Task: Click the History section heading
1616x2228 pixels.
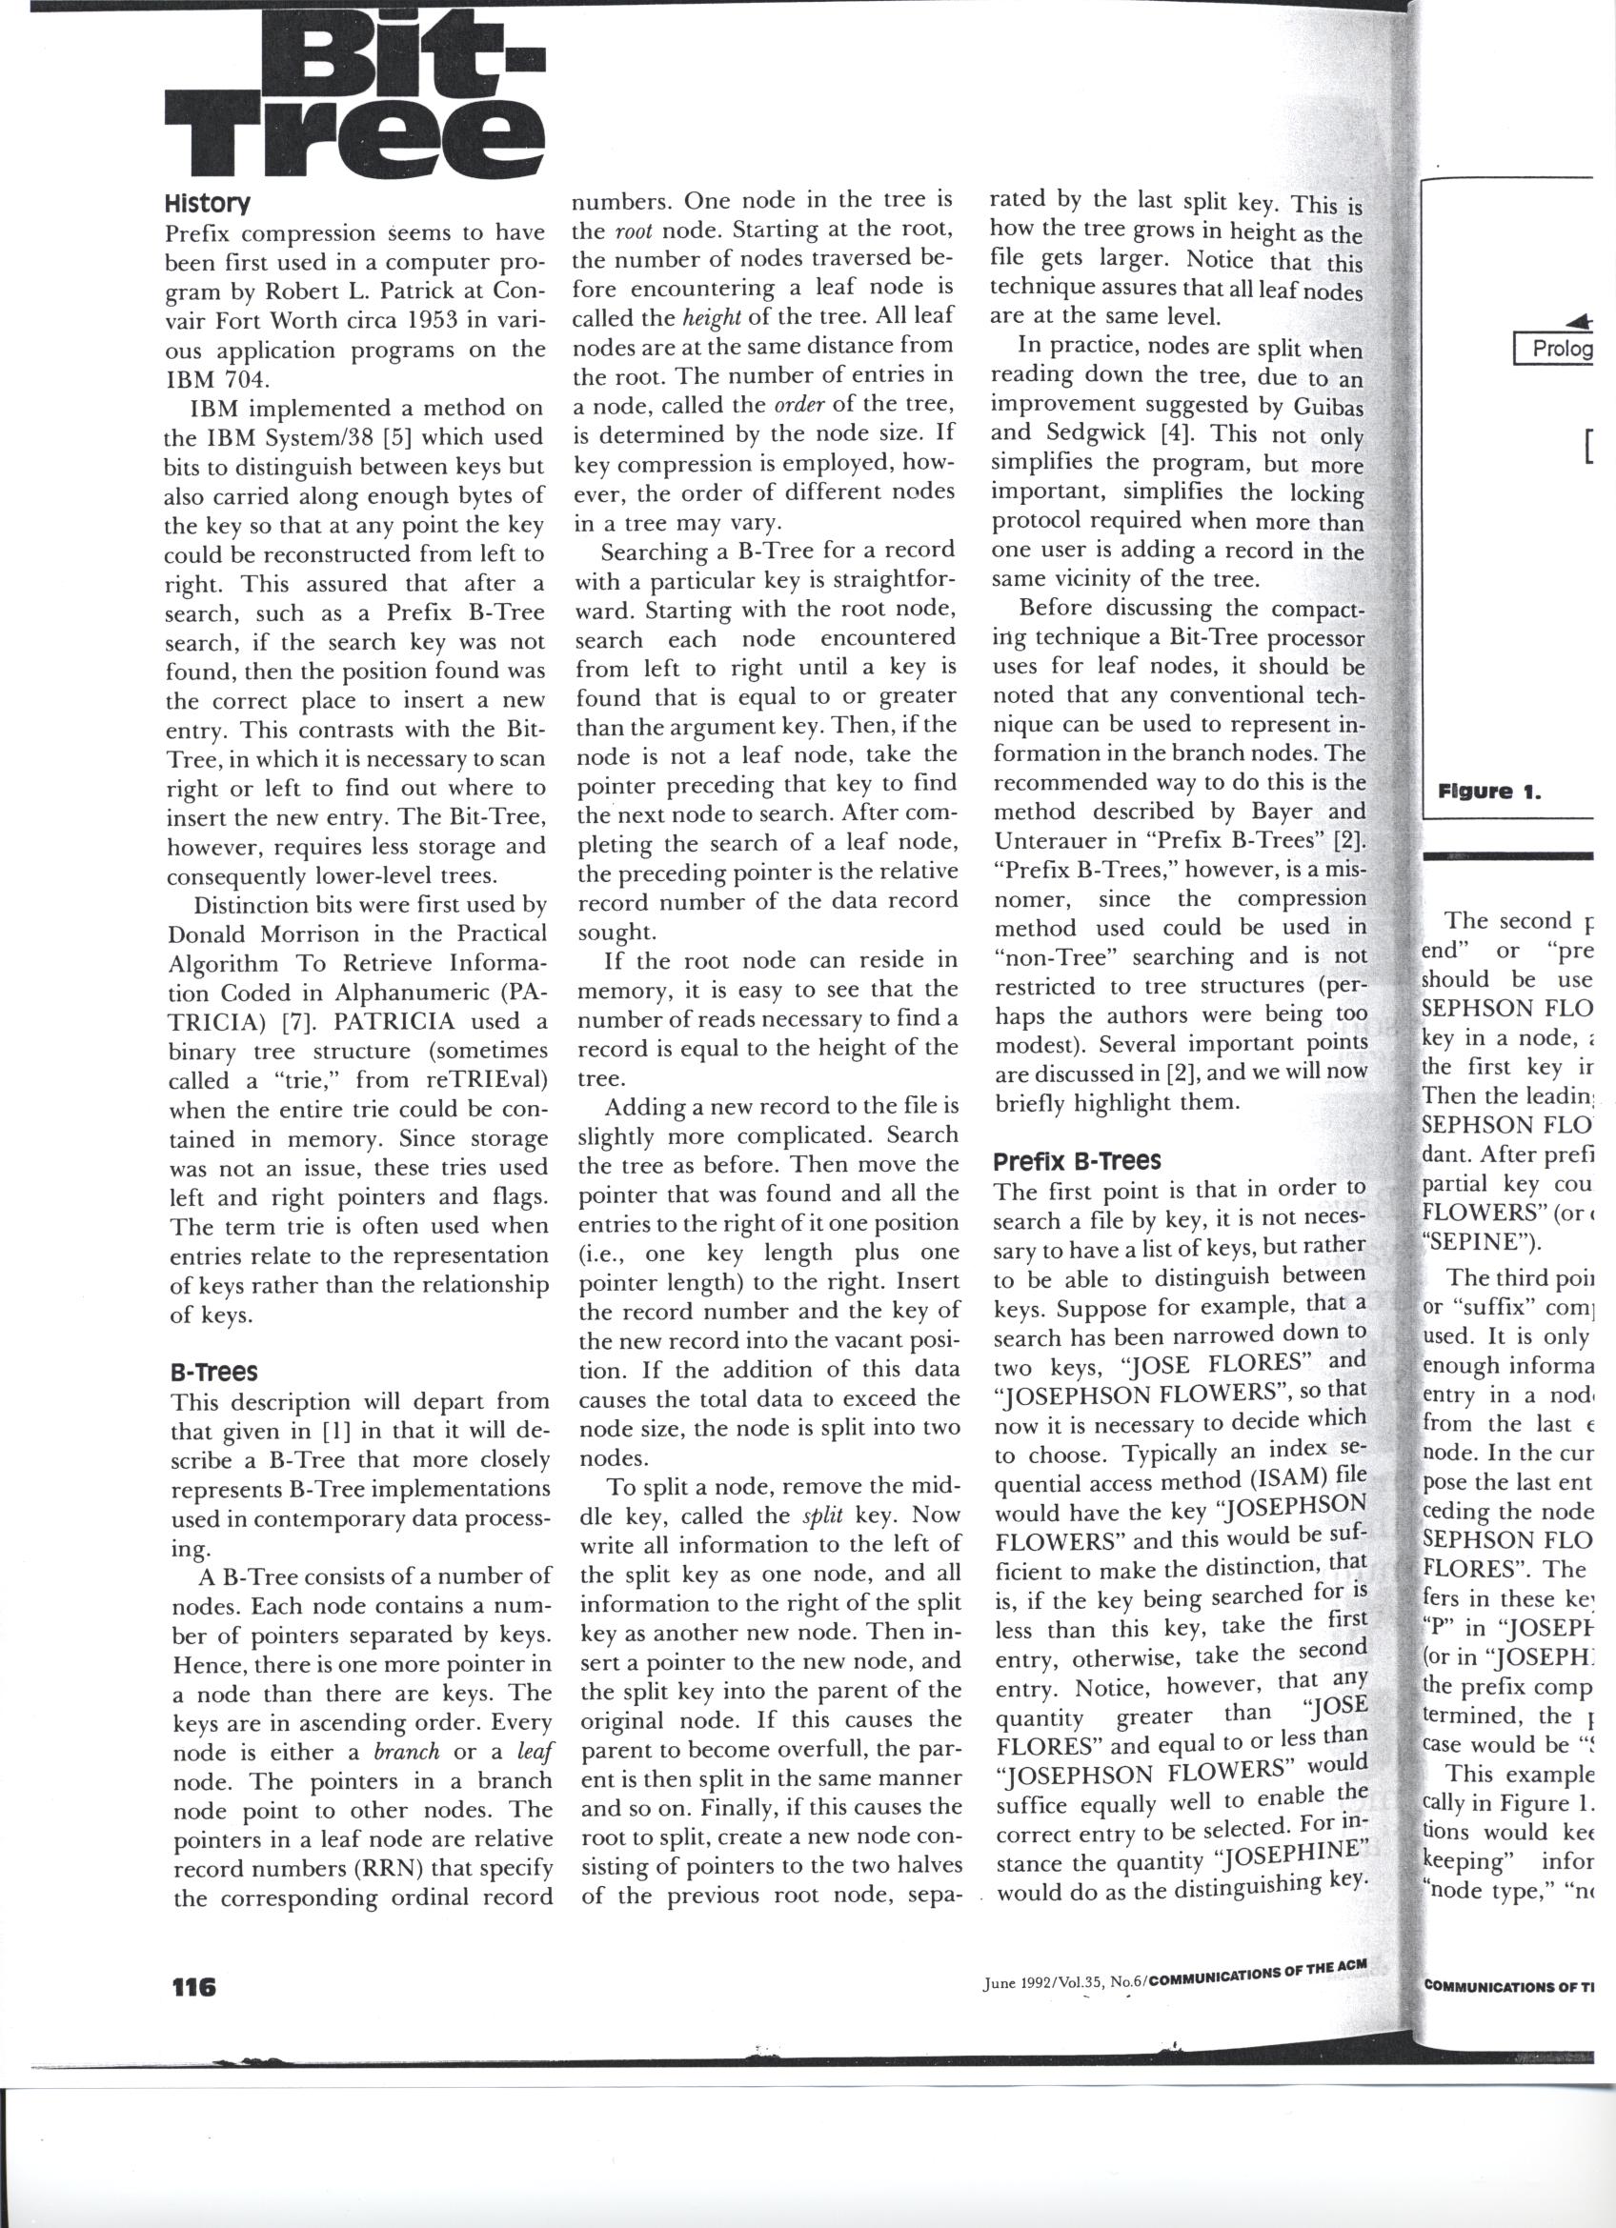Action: (x=208, y=205)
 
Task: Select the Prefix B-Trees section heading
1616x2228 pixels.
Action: (x=1077, y=1161)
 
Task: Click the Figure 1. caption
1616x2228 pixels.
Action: (x=1488, y=790)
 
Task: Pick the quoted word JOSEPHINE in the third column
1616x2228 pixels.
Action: (x=1286, y=1855)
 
